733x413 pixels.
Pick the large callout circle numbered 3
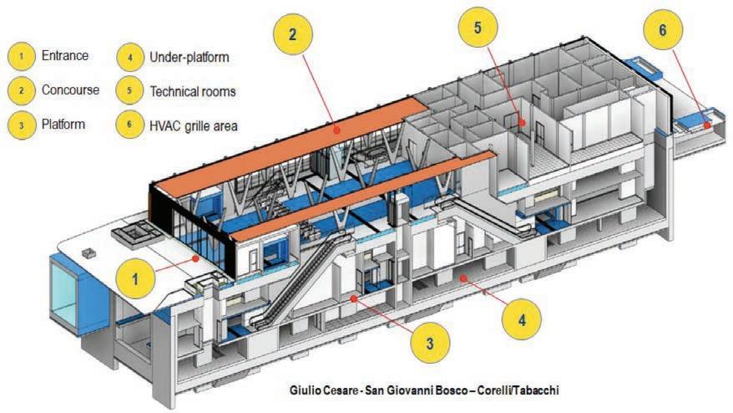(427, 341)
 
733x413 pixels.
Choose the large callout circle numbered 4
(522, 319)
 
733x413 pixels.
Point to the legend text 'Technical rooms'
(193, 90)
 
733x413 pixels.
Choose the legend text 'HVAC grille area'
(195, 125)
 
